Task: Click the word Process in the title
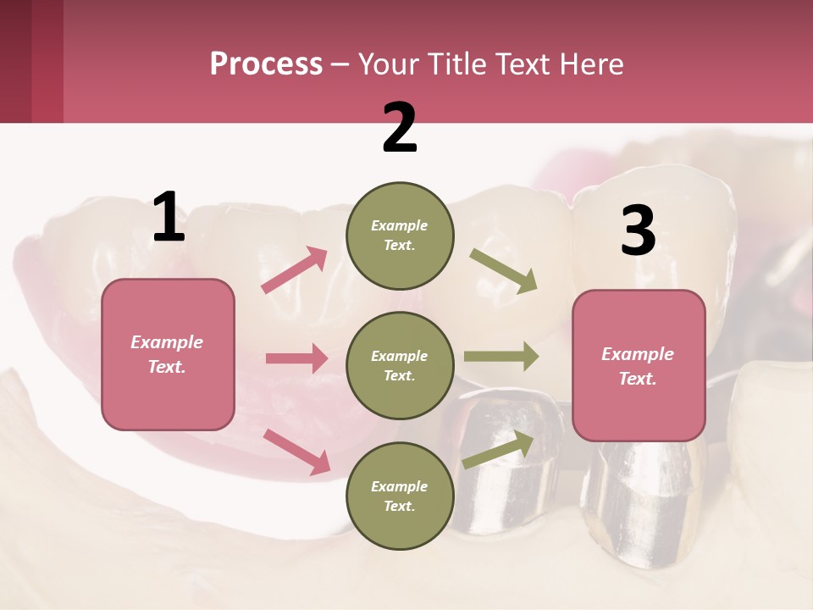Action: (x=266, y=64)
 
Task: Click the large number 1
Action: (x=169, y=218)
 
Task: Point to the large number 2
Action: (x=400, y=128)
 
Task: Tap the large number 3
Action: (x=638, y=230)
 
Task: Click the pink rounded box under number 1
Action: (x=168, y=354)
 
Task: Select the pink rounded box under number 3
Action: (x=639, y=365)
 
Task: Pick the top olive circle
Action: (x=400, y=236)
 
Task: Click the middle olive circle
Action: (x=400, y=365)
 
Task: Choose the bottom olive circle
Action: (x=400, y=496)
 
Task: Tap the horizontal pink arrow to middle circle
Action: (x=296, y=358)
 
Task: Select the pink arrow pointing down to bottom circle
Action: (x=296, y=451)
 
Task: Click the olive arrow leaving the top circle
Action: (x=503, y=270)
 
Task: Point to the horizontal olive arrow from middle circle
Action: (x=501, y=357)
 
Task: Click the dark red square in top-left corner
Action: (x=31, y=61)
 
